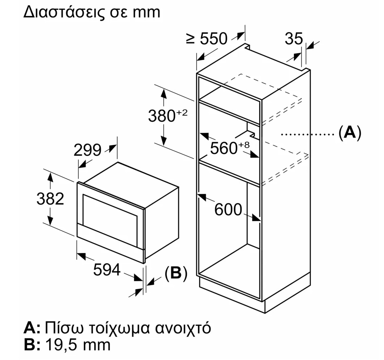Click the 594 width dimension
pyautogui.click(x=107, y=270)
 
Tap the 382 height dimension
pyautogui.click(x=50, y=199)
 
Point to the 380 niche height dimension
pyautogui.click(x=162, y=116)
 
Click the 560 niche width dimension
pyautogui.click(x=224, y=148)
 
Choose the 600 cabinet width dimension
pyautogui.click(x=228, y=210)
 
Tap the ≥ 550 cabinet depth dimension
pyautogui.click(x=207, y=39)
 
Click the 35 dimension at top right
pyautogui.click(x=294, y=39)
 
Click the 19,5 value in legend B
pyautogui.click(x=62, y=345)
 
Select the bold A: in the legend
pyautogui.click(x=32, y=328)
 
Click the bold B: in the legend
pyautogui.click(x=32, y=345)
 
